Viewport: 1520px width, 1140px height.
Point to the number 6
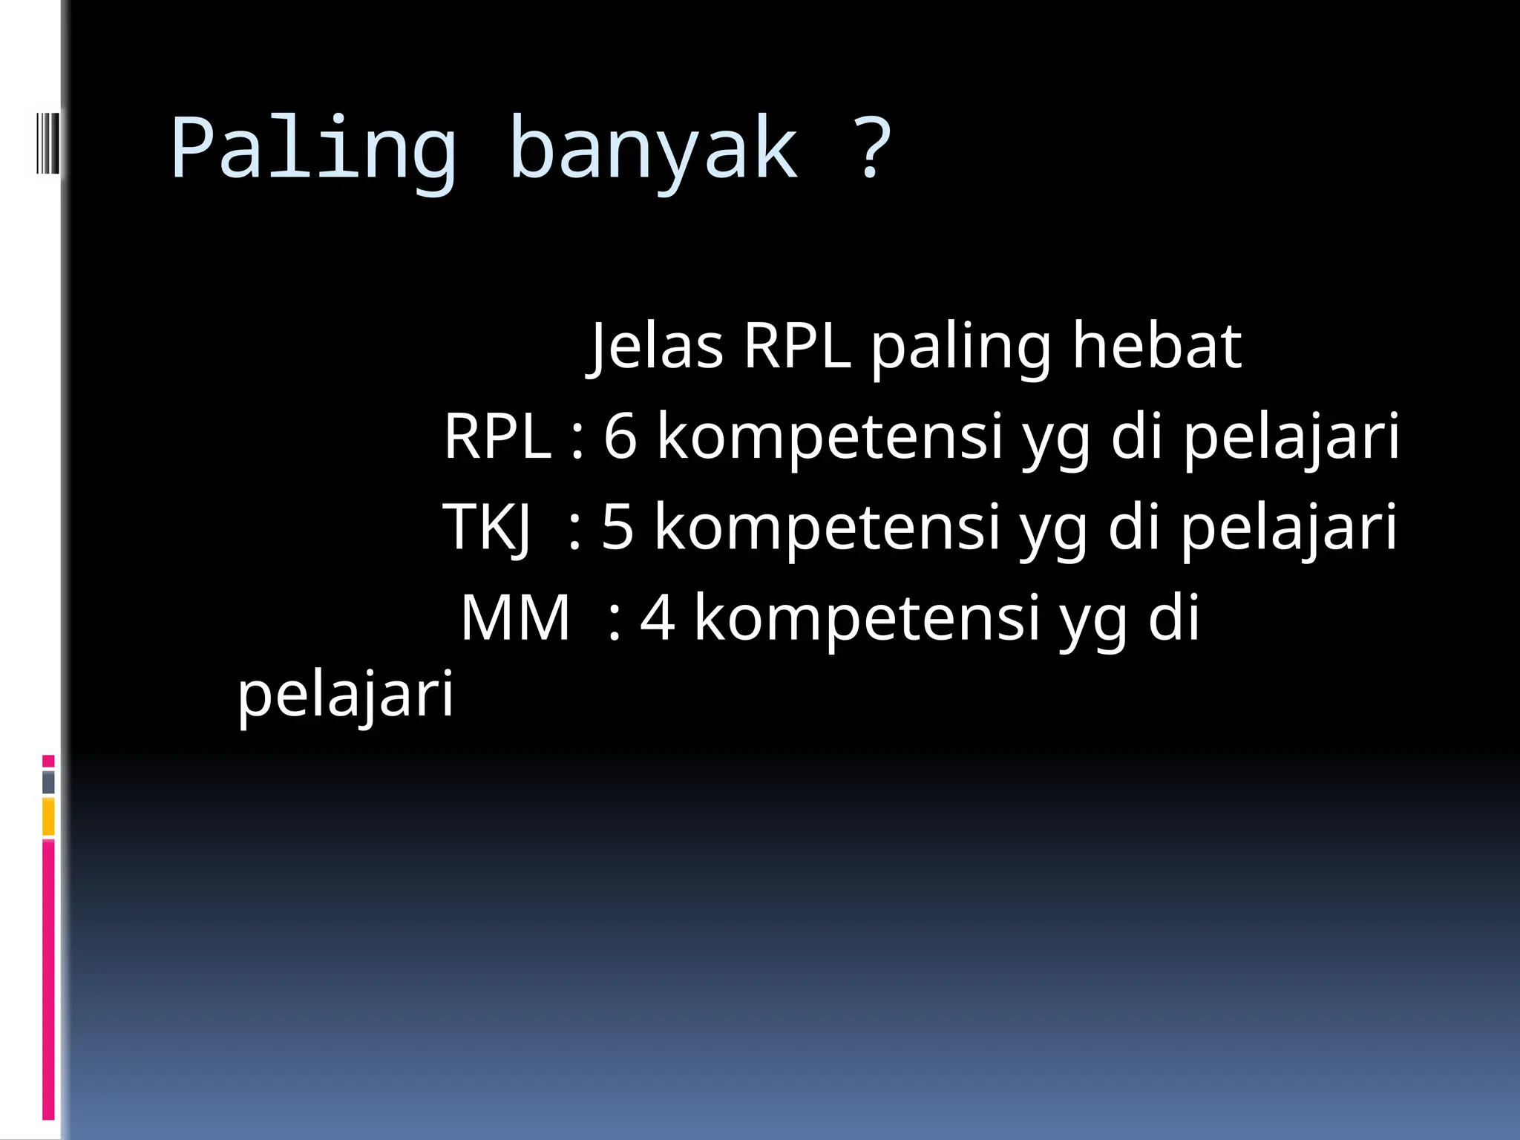(x=620, y=436)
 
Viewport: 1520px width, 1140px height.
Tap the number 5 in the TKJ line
(x=617, y=527)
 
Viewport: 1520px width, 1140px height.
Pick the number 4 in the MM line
(x=657, y=617)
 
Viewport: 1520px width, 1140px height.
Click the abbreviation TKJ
(x=487, y=527)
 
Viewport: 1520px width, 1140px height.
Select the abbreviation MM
(x=515, y=617)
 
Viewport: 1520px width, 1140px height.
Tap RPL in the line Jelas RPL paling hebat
(x=796, y=347)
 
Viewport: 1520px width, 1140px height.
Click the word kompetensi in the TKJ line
(x=828, y=527)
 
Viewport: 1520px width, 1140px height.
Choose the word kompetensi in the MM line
(x=867, y=617)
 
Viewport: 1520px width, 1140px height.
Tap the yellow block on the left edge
(x=48, y=816)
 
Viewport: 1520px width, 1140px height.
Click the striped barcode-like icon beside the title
(x=47, y=142)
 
